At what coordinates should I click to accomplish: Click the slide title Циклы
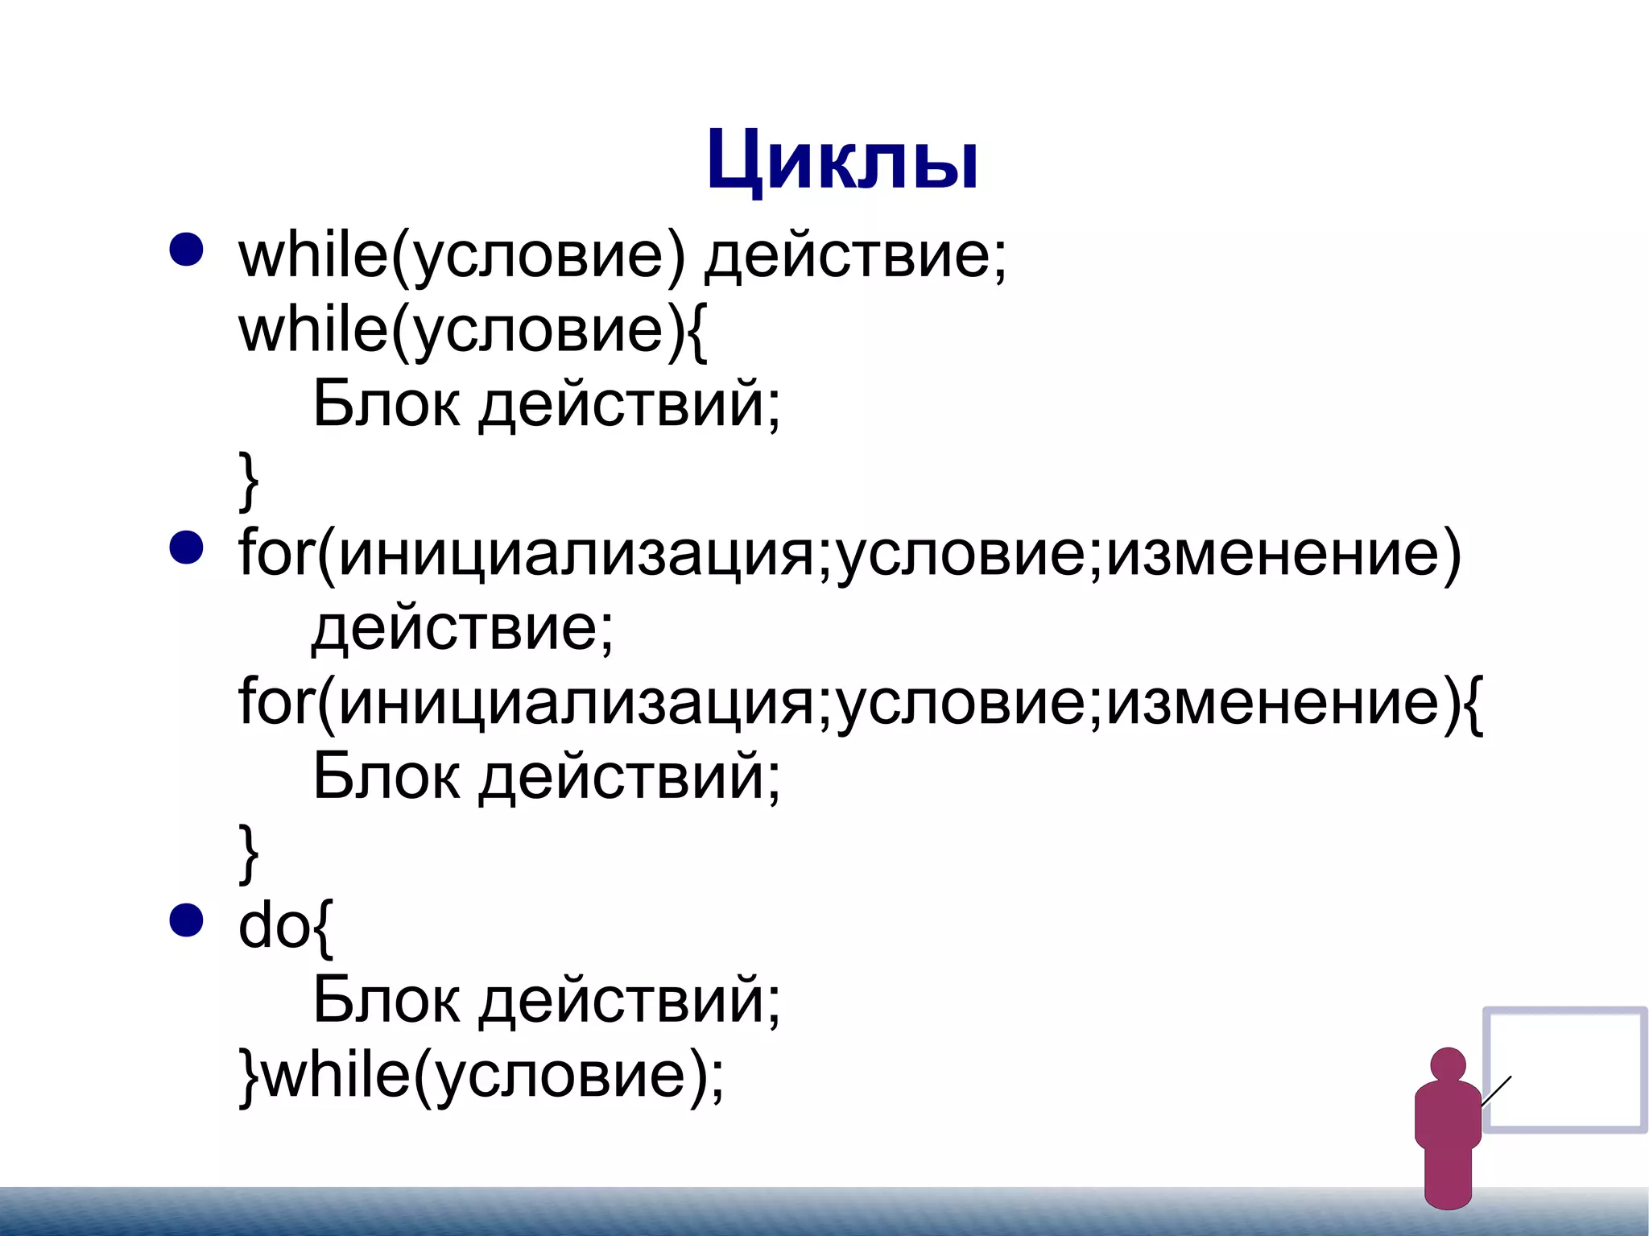click(x=842, y=160)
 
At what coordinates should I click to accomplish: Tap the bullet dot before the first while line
click(x=186, y=250)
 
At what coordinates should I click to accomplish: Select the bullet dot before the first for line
click(x=186, y=548)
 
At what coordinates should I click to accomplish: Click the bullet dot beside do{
click(x=186, y=920)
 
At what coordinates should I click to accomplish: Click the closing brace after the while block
click(x=249, y=481)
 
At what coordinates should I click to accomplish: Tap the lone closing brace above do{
click(x=249, y=853)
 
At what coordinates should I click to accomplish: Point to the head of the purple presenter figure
click(x=1448, y=1064)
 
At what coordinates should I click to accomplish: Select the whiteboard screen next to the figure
click(x=1564, y=1069)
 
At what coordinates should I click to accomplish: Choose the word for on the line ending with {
click(x=275, y=702)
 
